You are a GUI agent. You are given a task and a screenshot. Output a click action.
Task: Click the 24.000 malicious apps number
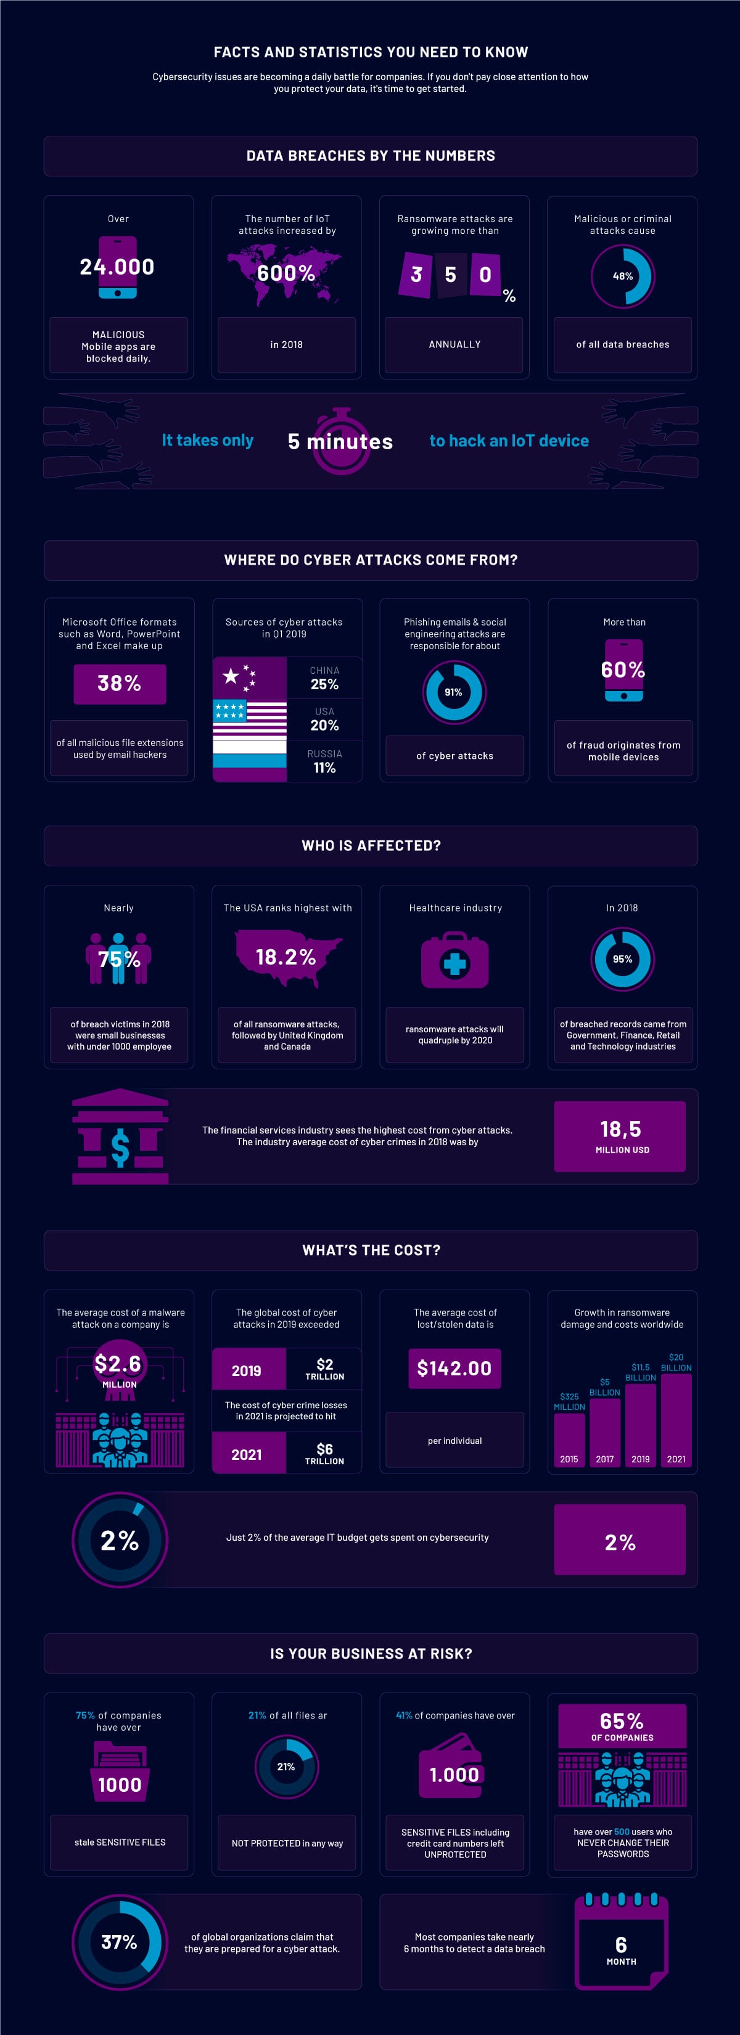pos(117,267)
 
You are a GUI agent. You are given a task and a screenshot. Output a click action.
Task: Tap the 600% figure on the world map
pos(286,273)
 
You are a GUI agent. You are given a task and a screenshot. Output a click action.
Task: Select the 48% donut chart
pos(622,276)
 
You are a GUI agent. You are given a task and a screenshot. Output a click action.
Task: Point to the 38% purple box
pos(119,683)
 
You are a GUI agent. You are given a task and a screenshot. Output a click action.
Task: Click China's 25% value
pos(324,684)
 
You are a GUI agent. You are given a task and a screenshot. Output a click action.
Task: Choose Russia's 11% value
pos(324,768)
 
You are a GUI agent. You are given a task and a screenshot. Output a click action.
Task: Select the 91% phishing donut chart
pos(453,692)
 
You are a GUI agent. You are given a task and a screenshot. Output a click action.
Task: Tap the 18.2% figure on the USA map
pos(286,958)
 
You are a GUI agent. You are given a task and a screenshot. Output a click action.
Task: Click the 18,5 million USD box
pos(619,1136)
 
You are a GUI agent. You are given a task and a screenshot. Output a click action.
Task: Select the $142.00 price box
pos(454,1368)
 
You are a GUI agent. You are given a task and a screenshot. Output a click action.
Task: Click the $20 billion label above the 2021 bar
pos(676,1362)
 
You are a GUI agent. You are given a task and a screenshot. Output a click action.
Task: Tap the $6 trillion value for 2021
pos(324,1454)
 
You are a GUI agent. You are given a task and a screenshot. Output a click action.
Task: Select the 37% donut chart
pos(119,1942)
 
